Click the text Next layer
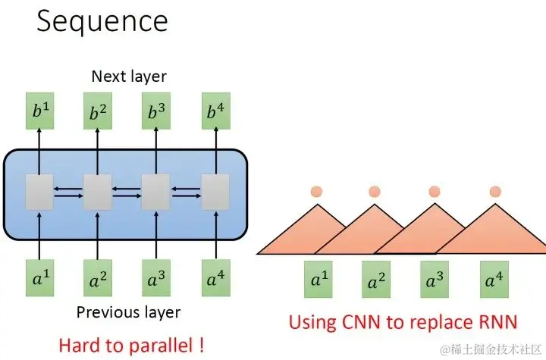128,76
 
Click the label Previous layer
129,312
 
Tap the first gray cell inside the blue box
37,191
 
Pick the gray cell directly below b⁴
215,191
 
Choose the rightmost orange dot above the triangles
495,192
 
